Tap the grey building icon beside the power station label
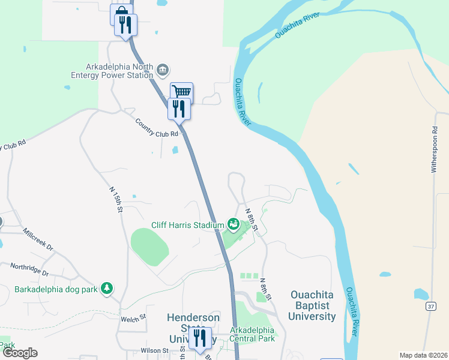163,71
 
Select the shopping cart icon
181,92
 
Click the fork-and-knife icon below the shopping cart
179,108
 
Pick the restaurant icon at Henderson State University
200,337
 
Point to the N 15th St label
116,200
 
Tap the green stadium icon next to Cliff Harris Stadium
233,225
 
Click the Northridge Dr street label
29,269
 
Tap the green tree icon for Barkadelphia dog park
107,289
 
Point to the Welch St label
133,317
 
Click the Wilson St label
155,350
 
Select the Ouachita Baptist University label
313,305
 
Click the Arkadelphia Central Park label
252,334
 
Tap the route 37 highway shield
431,307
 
